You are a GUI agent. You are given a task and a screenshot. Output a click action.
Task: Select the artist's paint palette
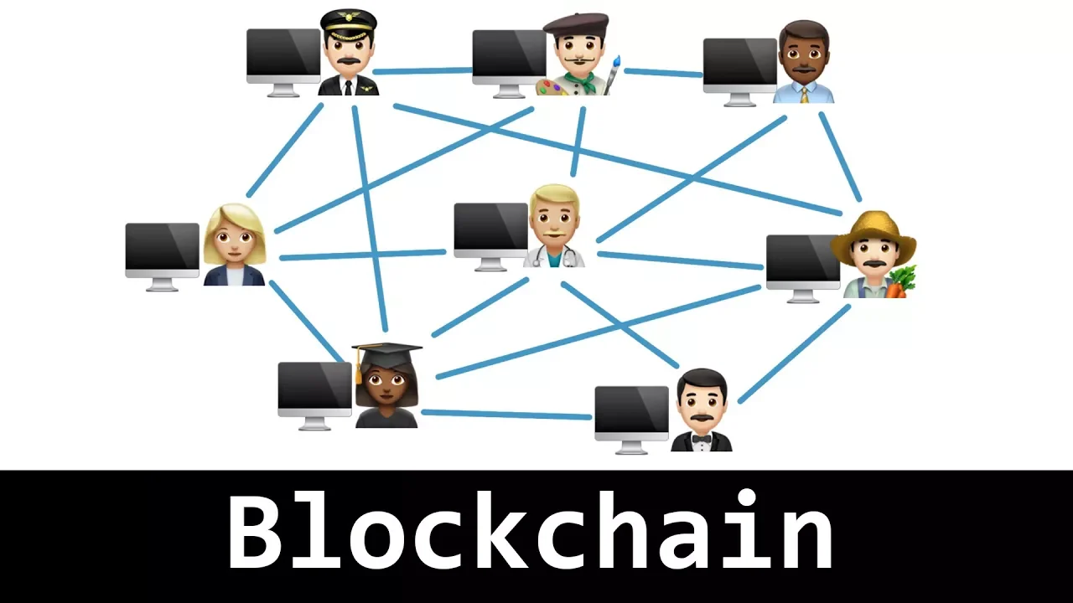pyautogui.click(x=552, y=87)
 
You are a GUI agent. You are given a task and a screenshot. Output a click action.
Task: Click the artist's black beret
pyautogui.click(x=577, y=23)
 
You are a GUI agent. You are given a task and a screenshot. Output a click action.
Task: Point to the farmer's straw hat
pyautogui.click(x=873, y=230)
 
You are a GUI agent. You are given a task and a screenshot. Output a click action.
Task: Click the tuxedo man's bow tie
pyautogui.click(x=701, y=438)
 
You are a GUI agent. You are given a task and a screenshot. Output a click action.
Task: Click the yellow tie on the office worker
pyautogui.click(x=805, y=94)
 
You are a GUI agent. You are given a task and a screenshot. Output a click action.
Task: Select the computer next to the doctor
pyautogui.click(x=491, y=229)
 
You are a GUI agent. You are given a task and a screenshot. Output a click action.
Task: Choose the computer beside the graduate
pyautogui.click(x=315, y=389)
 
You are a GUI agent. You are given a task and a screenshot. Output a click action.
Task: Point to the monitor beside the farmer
pyautogui.click(x=803, y=261)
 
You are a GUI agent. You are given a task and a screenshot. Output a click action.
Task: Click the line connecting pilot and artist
pyautogui.click(x=423, y=71)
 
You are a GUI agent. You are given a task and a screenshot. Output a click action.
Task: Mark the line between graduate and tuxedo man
pyautogui.click(x=506, y=414)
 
